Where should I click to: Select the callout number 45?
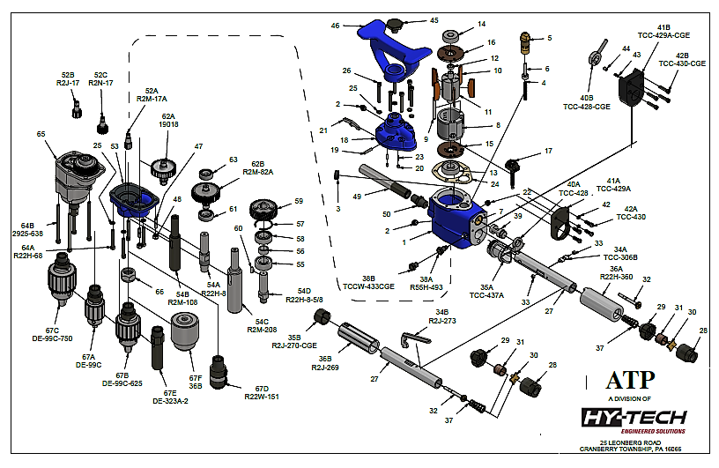tap(434, 19)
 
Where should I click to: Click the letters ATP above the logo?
tap(630, 380)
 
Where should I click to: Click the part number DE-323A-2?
tap(170, 400)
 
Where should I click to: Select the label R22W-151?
tap(261, 397)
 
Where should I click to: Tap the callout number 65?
tap(41, 134)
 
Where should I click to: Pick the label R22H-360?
tap(617, 277)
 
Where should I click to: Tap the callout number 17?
tap(548, 151)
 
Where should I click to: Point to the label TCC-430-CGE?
tap(686, 63)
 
